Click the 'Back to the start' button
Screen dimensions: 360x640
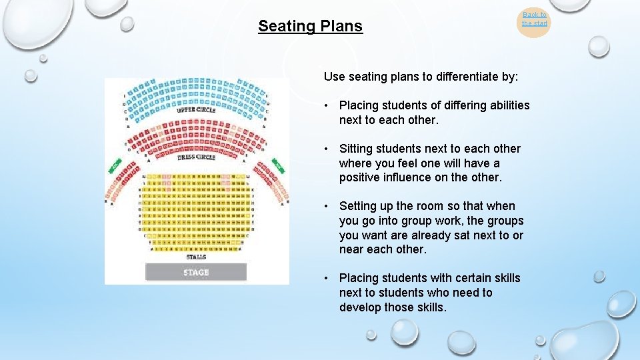click(x=534, y=19)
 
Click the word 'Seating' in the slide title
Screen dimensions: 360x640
click(x=282, y=27)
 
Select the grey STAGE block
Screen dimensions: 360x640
click(x=196, y=272)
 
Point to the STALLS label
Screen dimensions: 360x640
click(x=196, y=257)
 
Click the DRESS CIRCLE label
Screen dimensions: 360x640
click(x=196, y=158)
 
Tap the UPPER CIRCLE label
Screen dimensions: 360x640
click(x=196, y=110)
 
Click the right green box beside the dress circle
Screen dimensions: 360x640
click(x=278, y=164)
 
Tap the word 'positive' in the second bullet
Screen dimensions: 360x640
click(x=360, y=177)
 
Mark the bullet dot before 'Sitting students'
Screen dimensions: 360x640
click(x=328, y=149)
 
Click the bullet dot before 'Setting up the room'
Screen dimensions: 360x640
click(x=328, y=206)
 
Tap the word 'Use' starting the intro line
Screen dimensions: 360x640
click(x=334, y=77)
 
